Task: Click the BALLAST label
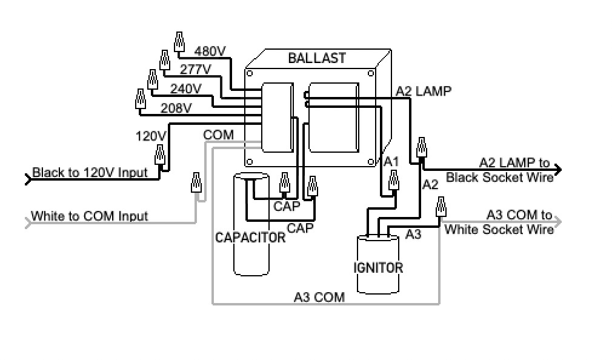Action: coord(317,58)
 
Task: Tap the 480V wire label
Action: coord(210,51)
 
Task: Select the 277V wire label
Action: coord(195,70)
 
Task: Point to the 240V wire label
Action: coord(186,88)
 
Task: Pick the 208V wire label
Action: coord(176,108)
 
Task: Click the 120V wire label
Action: coord(151,136)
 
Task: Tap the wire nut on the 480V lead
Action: coord(179,42)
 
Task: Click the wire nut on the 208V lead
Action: coord(141,99)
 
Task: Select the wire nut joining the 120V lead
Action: coord(160,155)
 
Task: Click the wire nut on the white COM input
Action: coord(196,182)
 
